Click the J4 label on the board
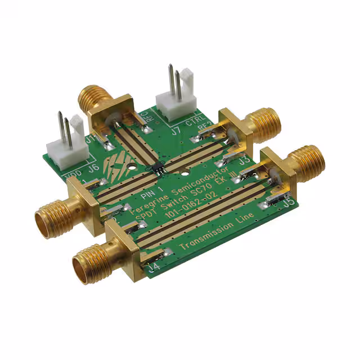pos(153,264)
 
